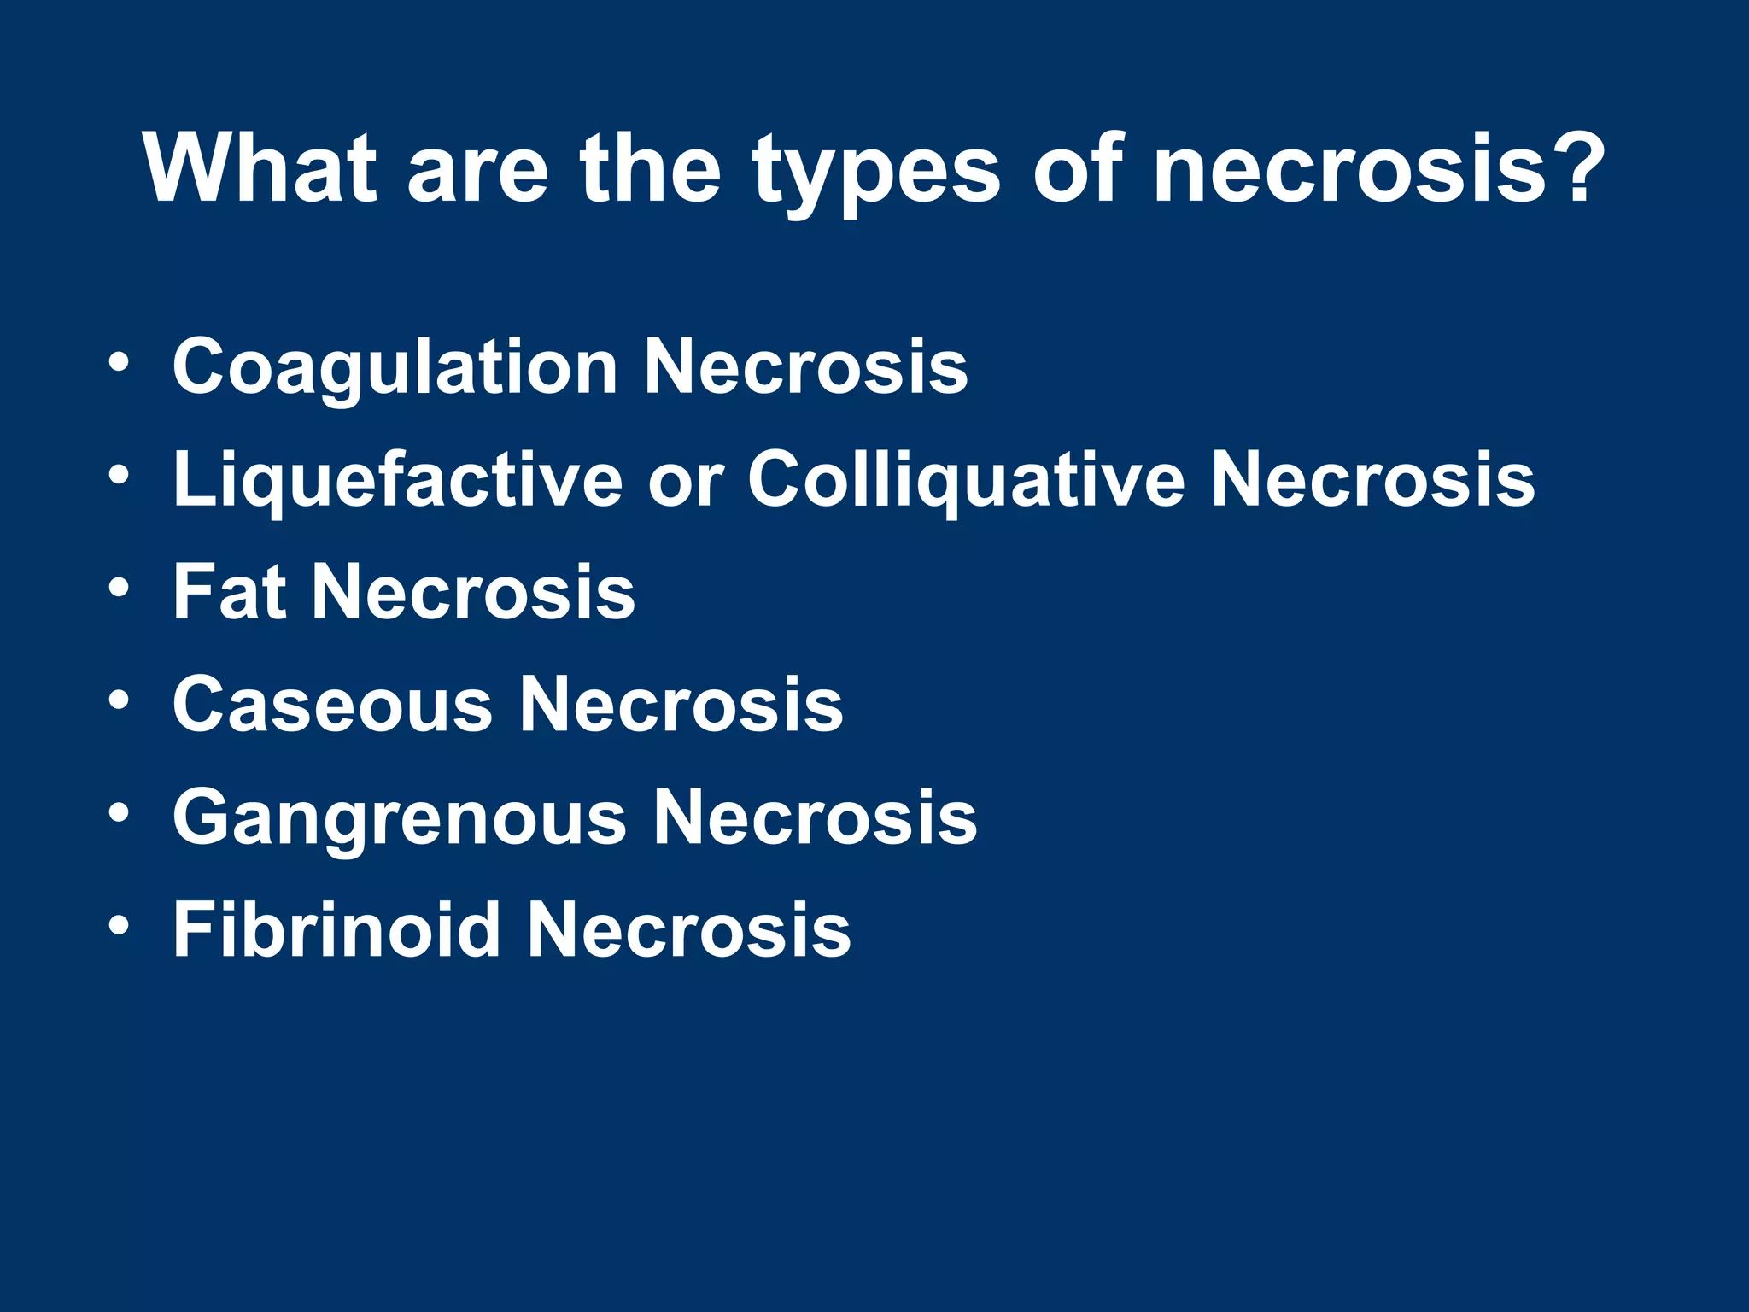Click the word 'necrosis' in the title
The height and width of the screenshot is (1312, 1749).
1350,171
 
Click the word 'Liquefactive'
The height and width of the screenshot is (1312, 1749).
398,481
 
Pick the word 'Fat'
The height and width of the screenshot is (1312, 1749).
229,591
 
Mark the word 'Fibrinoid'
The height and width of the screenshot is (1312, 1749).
336,929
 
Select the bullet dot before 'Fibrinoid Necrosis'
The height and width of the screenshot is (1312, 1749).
120,924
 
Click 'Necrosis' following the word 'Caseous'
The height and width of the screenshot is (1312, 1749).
681,705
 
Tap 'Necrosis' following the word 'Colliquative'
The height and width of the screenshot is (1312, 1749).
1372,481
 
